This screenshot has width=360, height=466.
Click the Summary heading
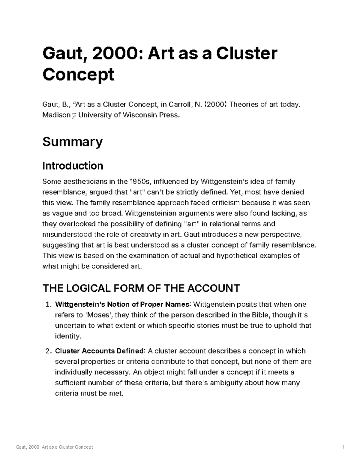pos(72,142)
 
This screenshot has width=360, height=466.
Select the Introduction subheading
pos(73,166)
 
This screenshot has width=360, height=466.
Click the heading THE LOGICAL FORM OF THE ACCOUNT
pos(141,288)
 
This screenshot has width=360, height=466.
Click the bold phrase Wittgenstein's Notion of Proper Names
pos(123,305)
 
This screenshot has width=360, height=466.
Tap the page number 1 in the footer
pos(343,447)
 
